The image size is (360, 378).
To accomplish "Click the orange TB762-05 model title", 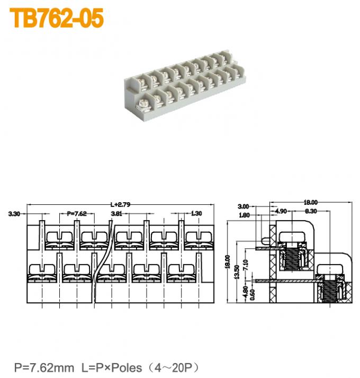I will (x=57, y=18).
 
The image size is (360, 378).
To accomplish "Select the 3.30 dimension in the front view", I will (x=14, y=214).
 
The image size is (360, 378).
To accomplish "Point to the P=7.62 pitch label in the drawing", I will (x=77, y=214).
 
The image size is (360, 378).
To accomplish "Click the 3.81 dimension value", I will (x=117, y=214).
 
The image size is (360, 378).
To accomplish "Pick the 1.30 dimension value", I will (x=196, y=214).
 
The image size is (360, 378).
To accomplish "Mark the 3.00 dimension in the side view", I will (x=244, y=206).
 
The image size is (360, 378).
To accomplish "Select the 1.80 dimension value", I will (x=244, y=215).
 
